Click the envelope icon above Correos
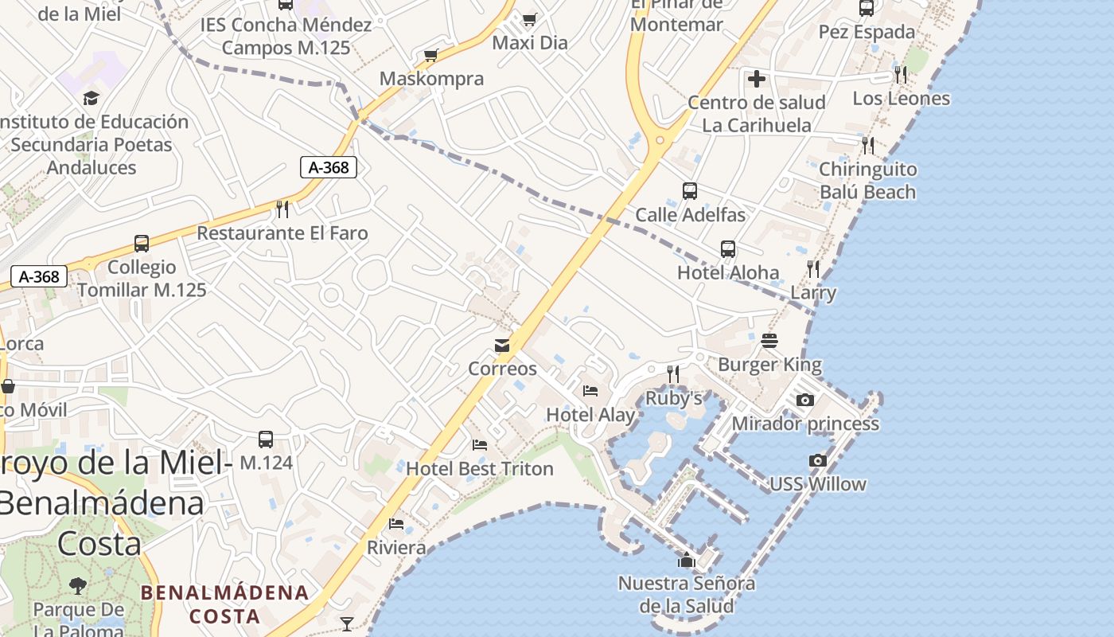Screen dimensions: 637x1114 coord(502,346)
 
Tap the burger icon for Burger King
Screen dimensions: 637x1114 coord(769,341)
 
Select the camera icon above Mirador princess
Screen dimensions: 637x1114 coord(805,400)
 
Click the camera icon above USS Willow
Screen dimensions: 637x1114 coord(817,460)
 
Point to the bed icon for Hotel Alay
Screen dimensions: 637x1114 coord(590,391)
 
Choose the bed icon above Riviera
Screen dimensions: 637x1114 coord(396,524)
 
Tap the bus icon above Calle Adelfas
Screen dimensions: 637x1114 coord(690,191)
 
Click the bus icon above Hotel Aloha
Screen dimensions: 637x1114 coord(728,249)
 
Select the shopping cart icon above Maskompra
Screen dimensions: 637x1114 coord(431,55)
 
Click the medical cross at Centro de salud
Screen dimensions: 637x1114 coord(757,79)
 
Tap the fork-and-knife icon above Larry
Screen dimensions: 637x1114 coord(812,268)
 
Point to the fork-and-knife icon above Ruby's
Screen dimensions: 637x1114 coord(673,373)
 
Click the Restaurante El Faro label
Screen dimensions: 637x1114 coord(282,233)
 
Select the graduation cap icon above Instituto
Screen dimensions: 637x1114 coord(92,98)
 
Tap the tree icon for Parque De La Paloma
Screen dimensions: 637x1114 coord(78,586)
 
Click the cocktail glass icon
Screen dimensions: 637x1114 coord(347,623)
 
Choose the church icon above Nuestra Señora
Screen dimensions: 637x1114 coord(687,560)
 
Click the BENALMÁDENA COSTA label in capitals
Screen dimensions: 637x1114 coord(225,604)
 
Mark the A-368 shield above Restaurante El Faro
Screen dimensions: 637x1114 coord(328,167)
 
